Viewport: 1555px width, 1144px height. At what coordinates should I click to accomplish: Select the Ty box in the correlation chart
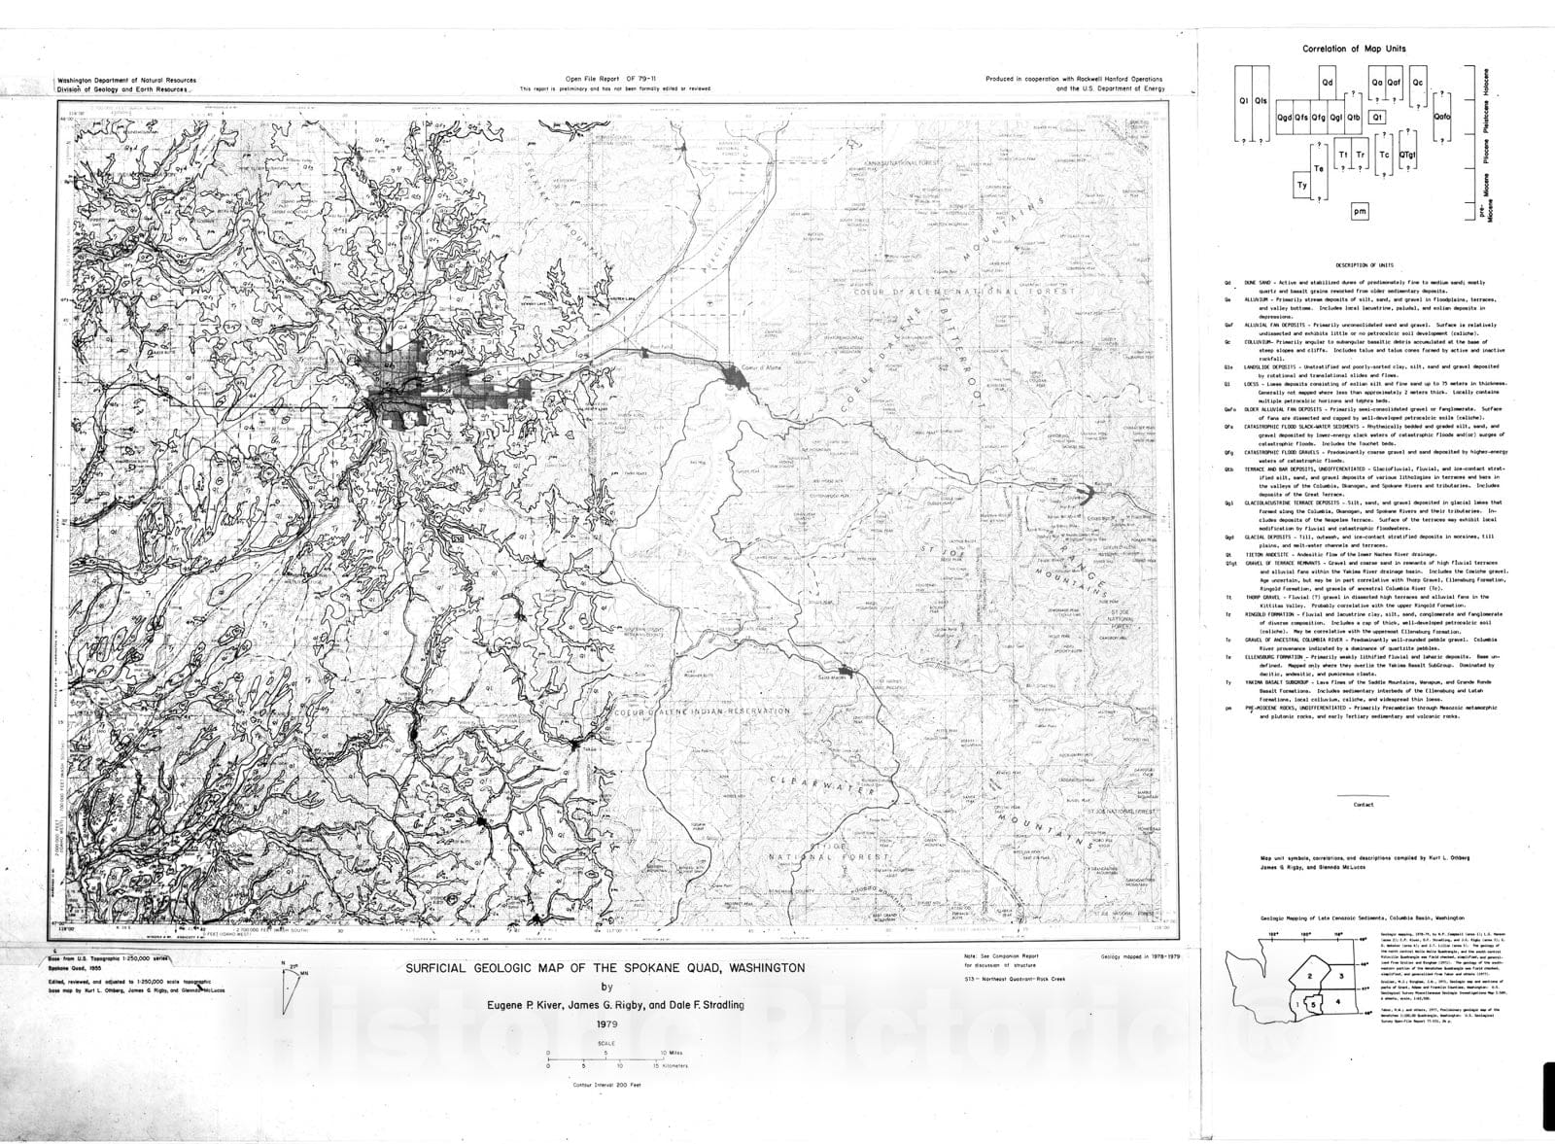[x=1302, y=184]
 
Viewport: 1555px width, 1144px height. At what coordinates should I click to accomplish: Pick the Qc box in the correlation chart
[x=1419, y=82]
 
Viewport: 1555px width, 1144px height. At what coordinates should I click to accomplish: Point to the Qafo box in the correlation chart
[x=1442, y=118]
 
